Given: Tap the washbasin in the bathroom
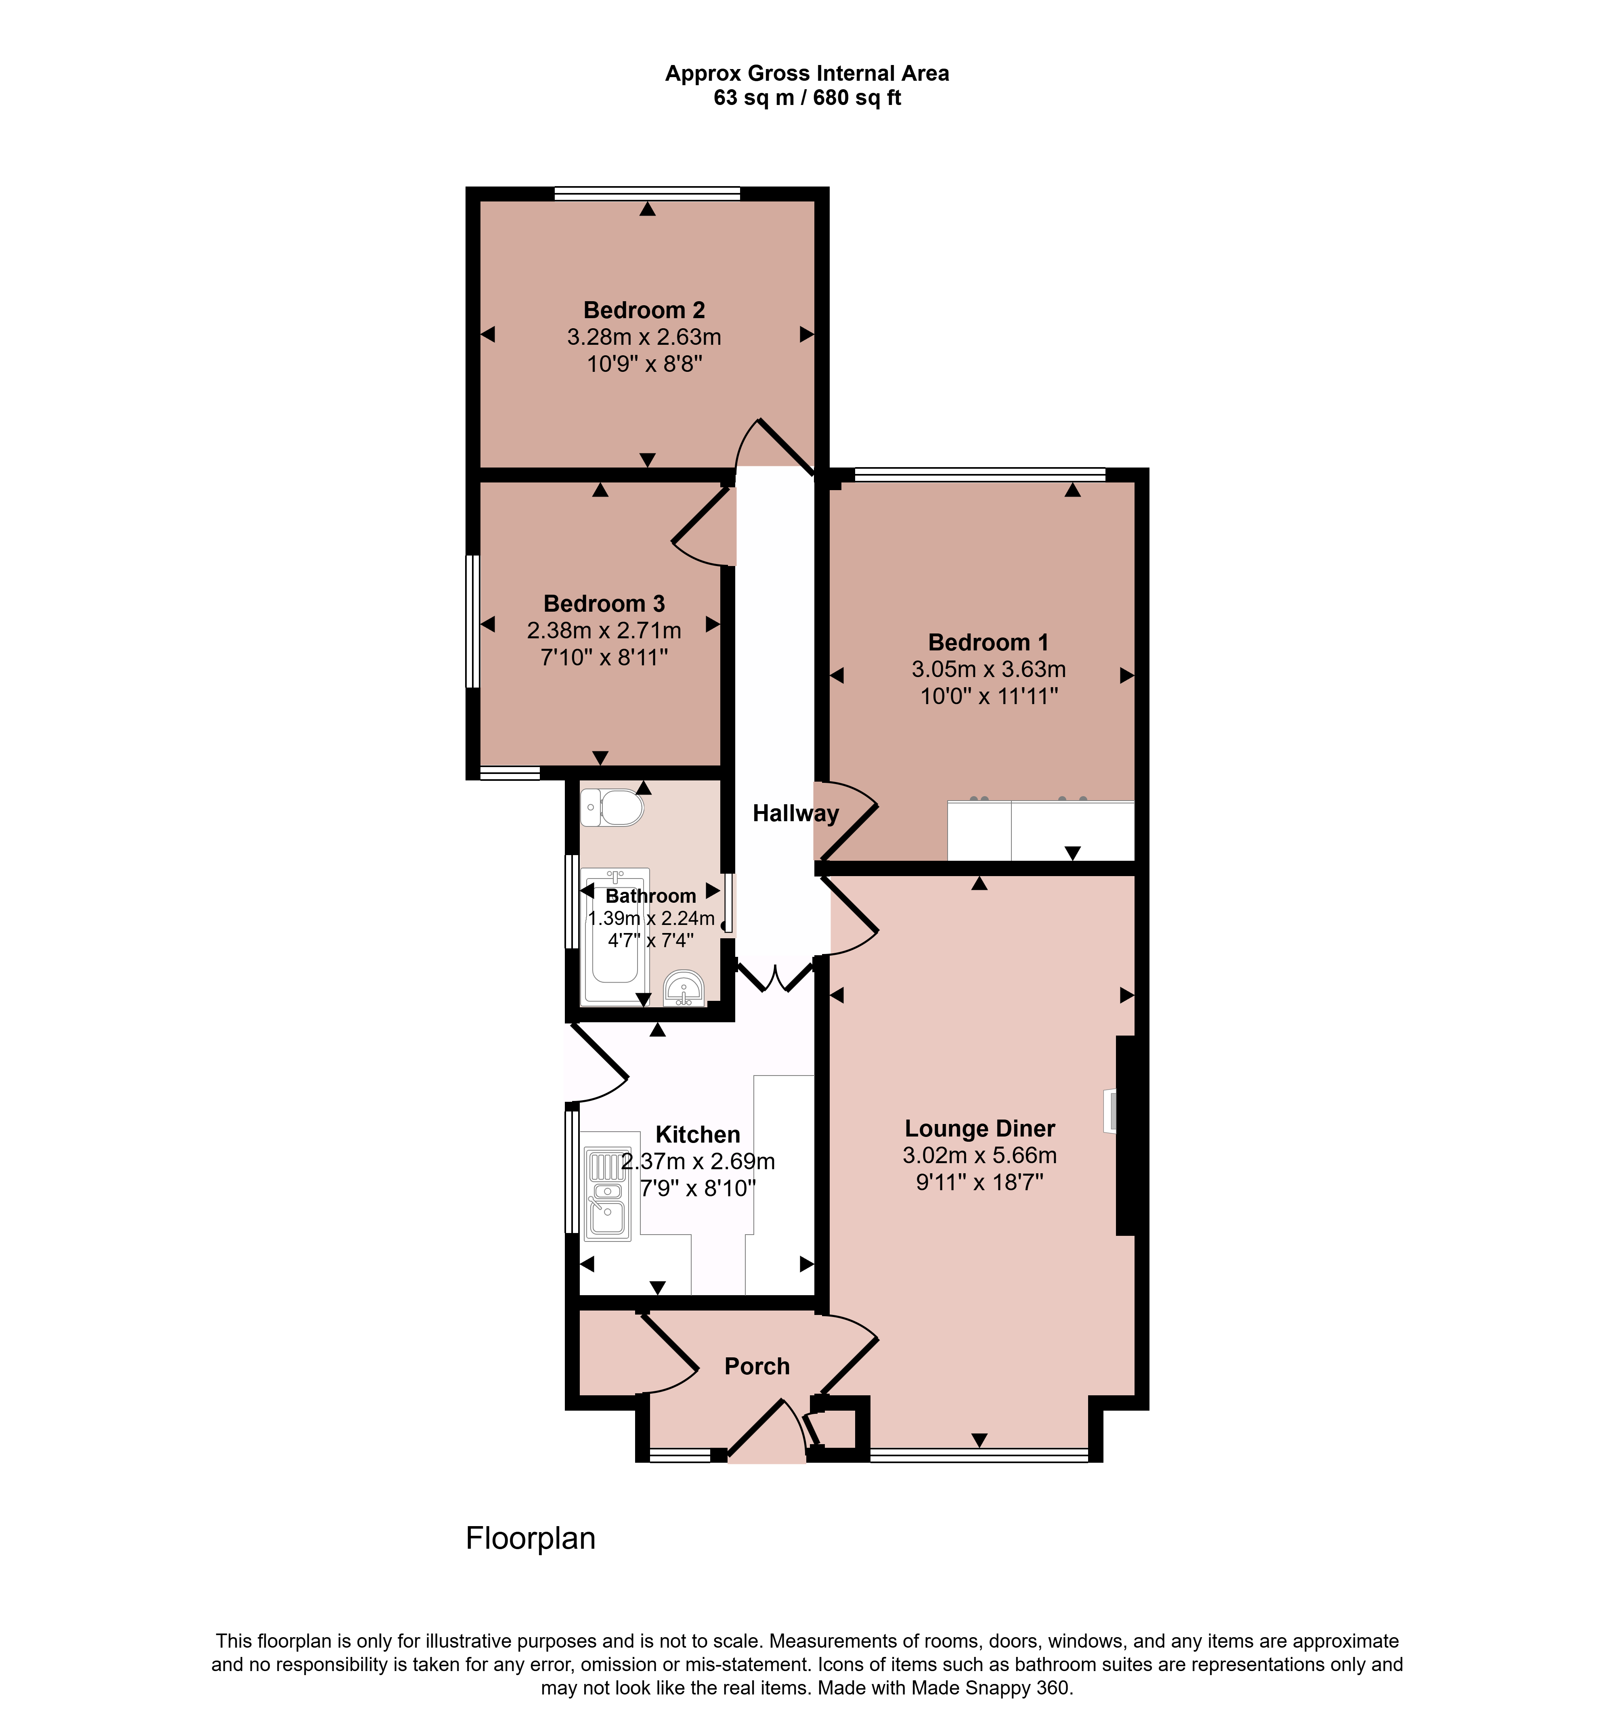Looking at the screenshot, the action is pyautogui.click(x=684, y=989).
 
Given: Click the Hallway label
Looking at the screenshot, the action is pyautogui.click(x=795, y=814).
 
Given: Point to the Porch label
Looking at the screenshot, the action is pyautogui.click(x=757, y=1366).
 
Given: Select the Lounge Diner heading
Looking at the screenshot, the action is pyautogui.click(x=980, y=1129).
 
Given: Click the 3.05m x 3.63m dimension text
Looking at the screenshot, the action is pyautogui.click(x=988, y=669).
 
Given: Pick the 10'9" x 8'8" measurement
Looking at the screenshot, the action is pyautogui.click(x=644, y=364).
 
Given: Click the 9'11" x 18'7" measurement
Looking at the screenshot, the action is pyautogui.click(x=980, y=1182).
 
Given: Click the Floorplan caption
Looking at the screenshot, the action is pyautogui.click(x=531, y=1539).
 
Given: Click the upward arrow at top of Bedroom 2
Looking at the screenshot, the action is pyautogui.click(x=647, y=209).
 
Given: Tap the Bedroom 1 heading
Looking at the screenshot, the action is pyautogui.click(x=988, y=642).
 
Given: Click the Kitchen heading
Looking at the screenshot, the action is pyautogui.click(x=698, y=1135).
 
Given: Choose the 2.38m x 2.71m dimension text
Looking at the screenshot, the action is pyautogui.click(x=604, y=630).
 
